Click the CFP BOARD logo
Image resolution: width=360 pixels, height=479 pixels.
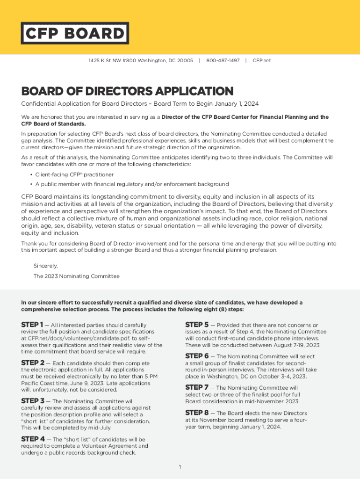click(74, 33)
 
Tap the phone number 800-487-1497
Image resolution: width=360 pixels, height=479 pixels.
click(223, 61)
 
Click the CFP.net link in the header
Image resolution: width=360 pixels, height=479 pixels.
click(261, 61)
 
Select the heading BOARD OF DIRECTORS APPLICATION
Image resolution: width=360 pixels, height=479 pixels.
click(127, 91)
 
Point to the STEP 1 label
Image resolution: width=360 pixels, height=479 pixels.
click(32, 325)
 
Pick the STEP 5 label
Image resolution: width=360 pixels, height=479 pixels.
click(197, 325)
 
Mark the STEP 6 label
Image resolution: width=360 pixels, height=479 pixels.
click(197, 356)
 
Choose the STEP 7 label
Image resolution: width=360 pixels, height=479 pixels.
click(197, 387)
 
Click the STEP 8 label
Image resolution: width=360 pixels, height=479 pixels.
click(197, 413)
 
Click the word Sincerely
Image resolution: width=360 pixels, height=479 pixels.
click(46, 266)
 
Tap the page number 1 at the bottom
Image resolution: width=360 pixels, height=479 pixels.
click(180, 467)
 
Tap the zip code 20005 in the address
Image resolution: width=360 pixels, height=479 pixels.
click(185, 61)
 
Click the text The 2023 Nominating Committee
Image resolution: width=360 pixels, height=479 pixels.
click(76, 276)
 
